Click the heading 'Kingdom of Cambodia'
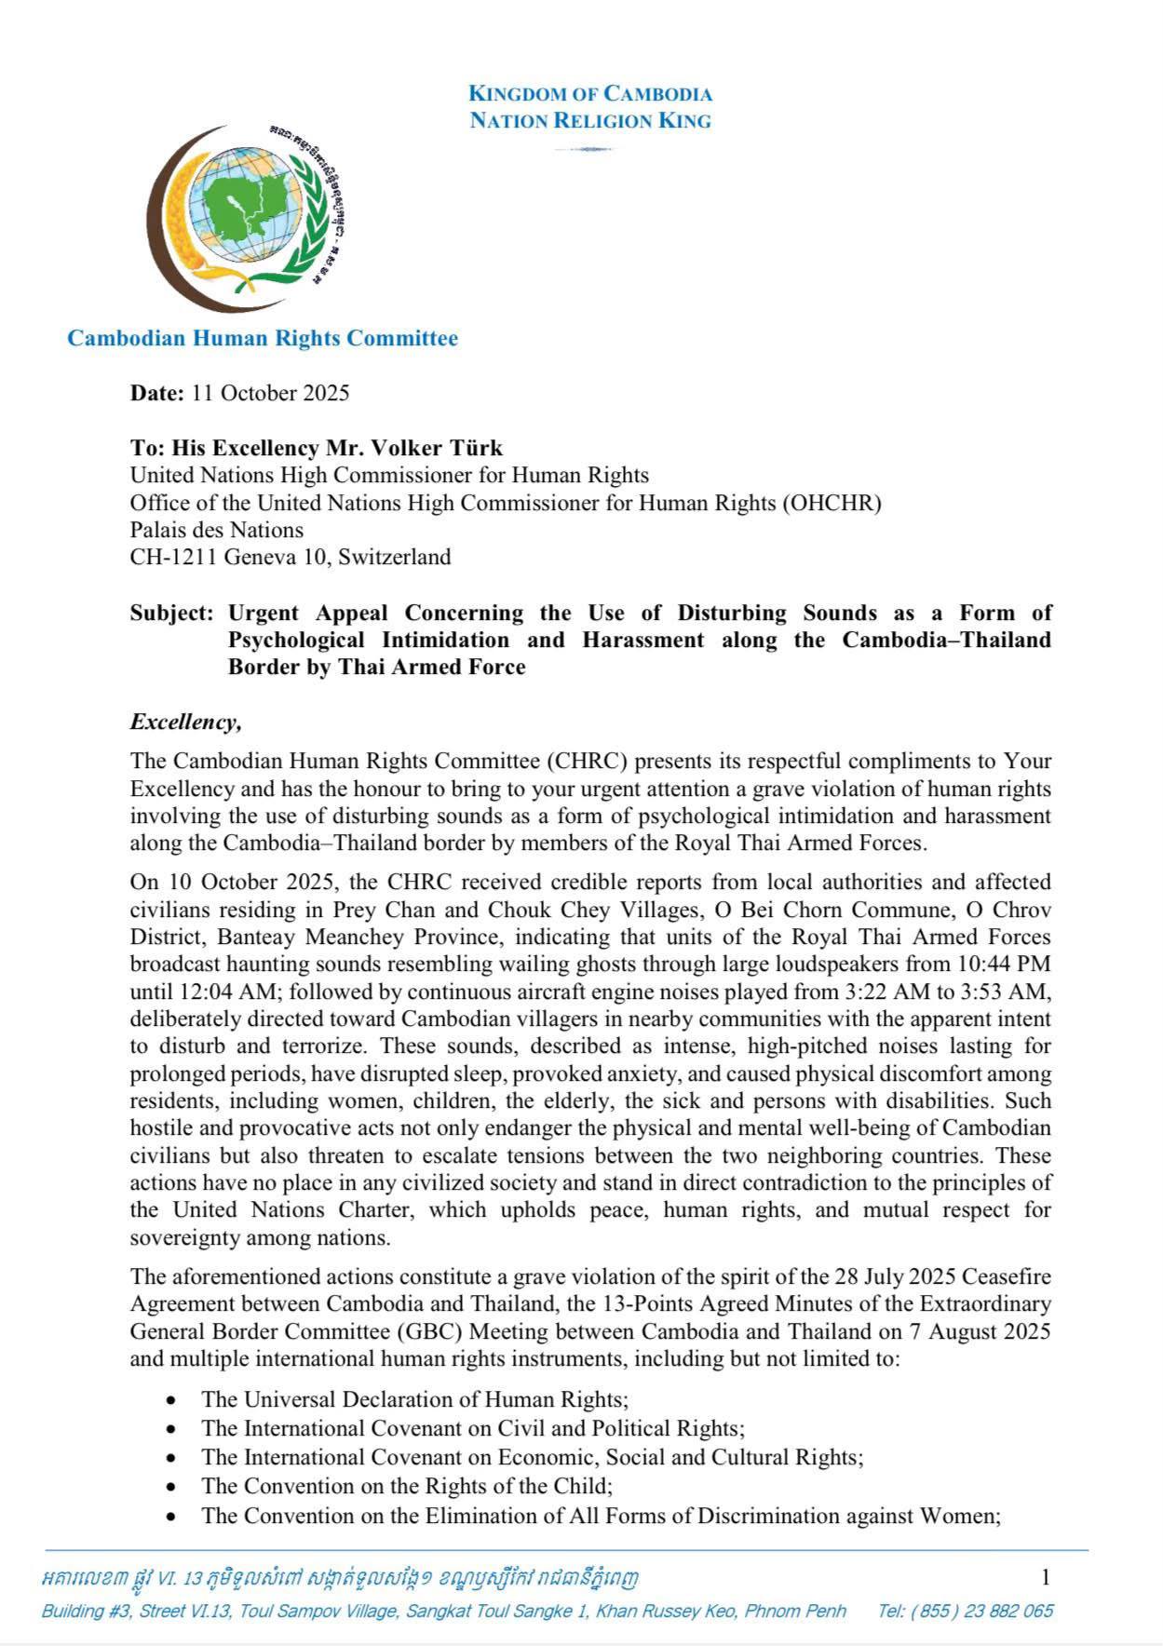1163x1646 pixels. [x=590, y=93]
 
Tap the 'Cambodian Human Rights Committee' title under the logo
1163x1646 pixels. [x=263, y=338]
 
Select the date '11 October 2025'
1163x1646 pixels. [x=270, y=393]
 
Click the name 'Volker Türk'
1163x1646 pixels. [x=440, y=448]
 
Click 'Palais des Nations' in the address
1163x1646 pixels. [x=217, y=531]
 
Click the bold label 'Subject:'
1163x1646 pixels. [x=172, y=613]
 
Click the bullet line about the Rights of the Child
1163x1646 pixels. [x=407, y=1486]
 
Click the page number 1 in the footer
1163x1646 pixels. [x=1046, y=1577]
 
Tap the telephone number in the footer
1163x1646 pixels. [x=965, y=1611]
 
